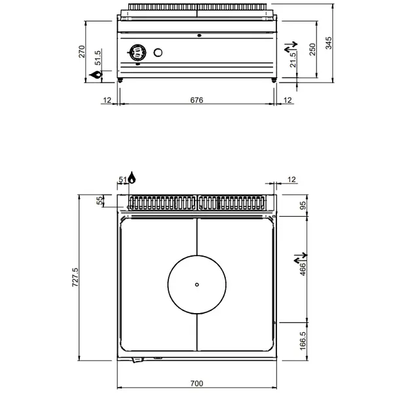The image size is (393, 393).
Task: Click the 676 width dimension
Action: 196,100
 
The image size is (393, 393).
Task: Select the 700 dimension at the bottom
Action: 196,383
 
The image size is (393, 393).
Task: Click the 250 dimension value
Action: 312,49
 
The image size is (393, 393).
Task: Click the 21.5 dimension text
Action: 293,62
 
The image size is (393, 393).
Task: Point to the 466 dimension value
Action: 303,269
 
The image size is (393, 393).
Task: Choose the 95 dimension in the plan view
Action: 303,205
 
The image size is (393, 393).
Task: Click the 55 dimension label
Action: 100,201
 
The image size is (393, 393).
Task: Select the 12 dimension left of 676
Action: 107,100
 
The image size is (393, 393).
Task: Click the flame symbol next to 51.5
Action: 97,77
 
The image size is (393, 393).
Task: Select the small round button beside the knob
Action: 158,53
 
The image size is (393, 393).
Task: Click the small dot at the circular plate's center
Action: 197,284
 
